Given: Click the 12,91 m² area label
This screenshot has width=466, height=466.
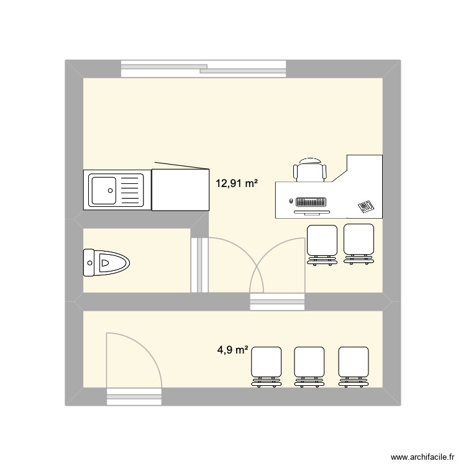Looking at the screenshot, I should pyautogui.click(x=236, y=183).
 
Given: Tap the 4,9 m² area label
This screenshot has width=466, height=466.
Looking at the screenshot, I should pyautogui.click(x=232, y=350).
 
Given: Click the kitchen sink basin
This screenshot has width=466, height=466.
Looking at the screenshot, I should pyautogui.click(x=104, y=189).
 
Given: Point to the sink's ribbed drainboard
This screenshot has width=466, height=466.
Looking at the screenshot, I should pyautogui.click(x=130, y=189).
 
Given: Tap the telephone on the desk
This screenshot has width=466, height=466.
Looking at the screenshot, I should pyautogui.click(x=365, y=206).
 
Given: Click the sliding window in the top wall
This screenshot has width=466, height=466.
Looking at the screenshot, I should pyautogui.click(x=203, y=68).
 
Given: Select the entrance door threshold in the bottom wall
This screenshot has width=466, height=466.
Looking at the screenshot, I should pyautogui.click(x=135, y=396).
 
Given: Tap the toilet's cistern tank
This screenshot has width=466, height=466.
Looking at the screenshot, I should pyautogui.click(x=88, y=263).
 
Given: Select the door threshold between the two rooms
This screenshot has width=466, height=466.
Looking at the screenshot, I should pyautogui.click(x=277, y=302).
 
